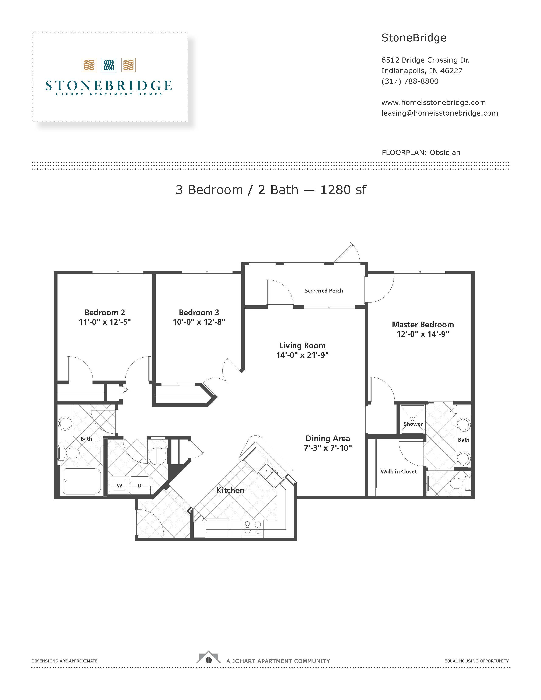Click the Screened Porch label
point(324,291)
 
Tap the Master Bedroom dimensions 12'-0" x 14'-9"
point(423,334)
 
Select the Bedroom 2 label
point(105,312)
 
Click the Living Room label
point(303,346)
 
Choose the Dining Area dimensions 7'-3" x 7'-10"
point(328,448)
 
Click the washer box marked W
point(119,486)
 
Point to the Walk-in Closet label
point(399,472)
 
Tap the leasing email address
point(440,113)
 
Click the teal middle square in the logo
point(109,65)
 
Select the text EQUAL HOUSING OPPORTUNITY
point(477,661)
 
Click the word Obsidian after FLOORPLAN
point(445,153)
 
